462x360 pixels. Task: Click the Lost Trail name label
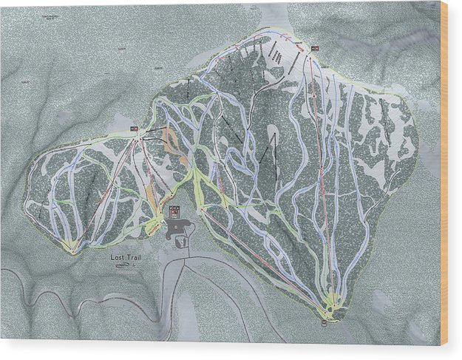coord(126,257)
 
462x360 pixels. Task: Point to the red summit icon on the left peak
coord(134,129)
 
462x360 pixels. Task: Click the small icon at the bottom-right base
coord(324,322)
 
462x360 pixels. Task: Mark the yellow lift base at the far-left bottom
coord(72,246)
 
